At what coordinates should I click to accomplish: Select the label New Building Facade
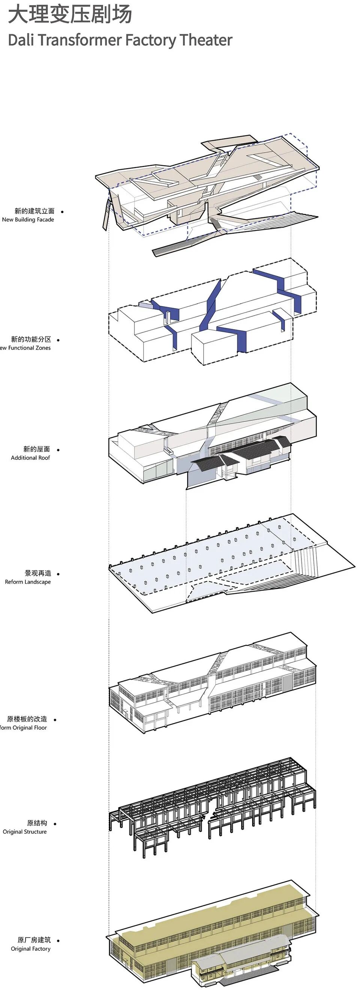[28, 220]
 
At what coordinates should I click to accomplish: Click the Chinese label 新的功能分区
[31, 339]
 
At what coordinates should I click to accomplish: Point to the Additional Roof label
[30, 457]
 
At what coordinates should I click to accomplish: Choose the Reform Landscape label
[27, 582]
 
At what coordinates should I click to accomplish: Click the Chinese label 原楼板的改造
[27, 719]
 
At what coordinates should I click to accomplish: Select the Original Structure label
[24, 832]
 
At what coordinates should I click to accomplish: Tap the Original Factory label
[31, 949]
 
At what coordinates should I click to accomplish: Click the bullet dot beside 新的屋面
[58, 450]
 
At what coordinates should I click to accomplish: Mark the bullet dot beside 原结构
[55, 824]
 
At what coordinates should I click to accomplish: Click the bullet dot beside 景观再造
[58, 574]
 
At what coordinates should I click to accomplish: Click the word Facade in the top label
[45, 220]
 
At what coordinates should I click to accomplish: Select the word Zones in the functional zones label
[43, 348]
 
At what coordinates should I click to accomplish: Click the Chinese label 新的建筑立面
[34, 211]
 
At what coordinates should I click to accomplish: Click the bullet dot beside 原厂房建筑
[58, 941]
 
